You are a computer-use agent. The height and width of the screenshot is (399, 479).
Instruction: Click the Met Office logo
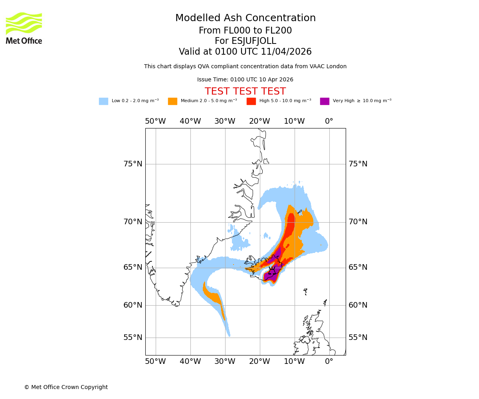click(x=24, y=28)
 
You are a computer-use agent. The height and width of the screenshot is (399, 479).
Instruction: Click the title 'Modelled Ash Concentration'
click(x=245, y=18)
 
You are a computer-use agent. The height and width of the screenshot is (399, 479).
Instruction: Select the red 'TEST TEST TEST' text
click(x=245, y=92)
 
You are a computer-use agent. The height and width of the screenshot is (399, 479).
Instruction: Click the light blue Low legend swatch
click(x=103, y=101)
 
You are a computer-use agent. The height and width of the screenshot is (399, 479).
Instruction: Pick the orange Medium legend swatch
click(x=172, y=101)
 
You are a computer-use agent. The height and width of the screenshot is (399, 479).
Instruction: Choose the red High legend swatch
click(x=251, y=101)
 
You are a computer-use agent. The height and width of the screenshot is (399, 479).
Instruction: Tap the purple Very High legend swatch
click(x=325, y=101)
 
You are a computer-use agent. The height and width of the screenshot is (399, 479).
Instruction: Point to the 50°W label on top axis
click(x=155, y=121)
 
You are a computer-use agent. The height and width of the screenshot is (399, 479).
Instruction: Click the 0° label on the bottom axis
click(x=329, y=361)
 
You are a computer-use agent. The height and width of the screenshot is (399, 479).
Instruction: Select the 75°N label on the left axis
click(x=133, y=164)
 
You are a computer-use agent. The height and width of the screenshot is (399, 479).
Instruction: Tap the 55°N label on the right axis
click(x=358, y=338)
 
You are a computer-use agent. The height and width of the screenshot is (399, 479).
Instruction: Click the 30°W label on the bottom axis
click(x=225, y=361)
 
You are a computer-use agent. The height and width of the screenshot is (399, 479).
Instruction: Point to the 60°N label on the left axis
click(x=133, y=305)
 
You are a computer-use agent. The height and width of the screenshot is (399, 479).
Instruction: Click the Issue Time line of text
click(x=245, y=80)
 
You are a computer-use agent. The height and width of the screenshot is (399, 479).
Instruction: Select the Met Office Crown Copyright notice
click(x=66, y=387)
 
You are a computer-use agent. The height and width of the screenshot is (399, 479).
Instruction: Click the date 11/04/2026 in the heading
click(x=286, y=52)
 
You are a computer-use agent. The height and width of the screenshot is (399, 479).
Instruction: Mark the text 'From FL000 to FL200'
click(x=245, y=31)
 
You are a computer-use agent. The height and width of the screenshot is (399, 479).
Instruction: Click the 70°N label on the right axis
click(x=358, y=222)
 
